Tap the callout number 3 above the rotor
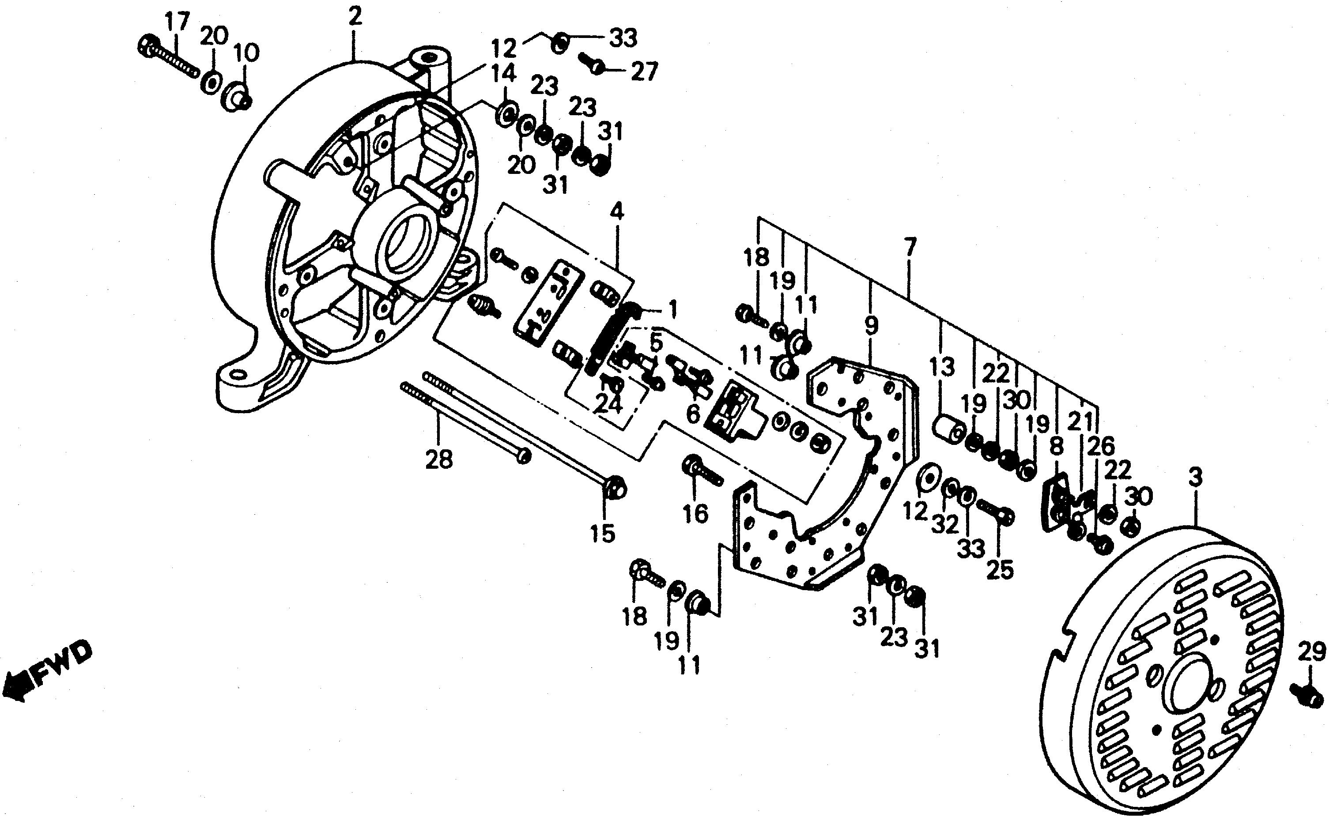tap(1195, 478)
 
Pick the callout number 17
tap(177, 23)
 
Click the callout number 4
tap(616, 212)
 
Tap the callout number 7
tap(910, 248)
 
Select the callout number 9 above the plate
tap(871, 326)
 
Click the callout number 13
tap(942, 368)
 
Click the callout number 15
tap(603, 534)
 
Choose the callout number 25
tap(1000, 570)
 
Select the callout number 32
tap(944, 523)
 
